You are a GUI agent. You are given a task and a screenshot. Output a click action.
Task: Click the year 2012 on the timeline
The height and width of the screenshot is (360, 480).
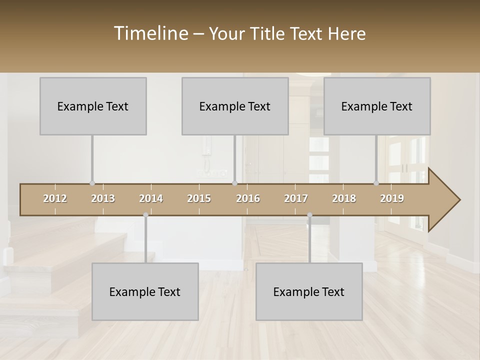pyautogui.click(x=55, y=198)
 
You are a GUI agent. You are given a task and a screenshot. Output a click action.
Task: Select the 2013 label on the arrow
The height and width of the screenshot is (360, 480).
pyautogui.click(x=103, y=198)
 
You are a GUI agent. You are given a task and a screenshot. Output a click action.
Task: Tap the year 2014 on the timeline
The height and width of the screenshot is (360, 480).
pyautogui.click(x=151, y=198)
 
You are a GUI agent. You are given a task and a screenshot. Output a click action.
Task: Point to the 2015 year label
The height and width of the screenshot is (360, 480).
pyautogui.click(x=199, y=198)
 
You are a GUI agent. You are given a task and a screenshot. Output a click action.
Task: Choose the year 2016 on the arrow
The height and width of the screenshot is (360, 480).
pyautogui.click(x=248, y=198)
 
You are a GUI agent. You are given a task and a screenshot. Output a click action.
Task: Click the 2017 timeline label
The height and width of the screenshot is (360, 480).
pyautogui.click(x=296, y=198)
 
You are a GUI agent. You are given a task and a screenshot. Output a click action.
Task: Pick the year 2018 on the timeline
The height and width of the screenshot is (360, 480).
pyautogui.click(x=344, y=198)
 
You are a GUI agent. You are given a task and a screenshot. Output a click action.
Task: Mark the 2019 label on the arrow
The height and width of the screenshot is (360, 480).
pyautogui.click(x=392, y=198)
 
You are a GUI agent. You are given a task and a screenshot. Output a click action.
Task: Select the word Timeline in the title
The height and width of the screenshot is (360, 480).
pyautogui.click(x=150, y=33)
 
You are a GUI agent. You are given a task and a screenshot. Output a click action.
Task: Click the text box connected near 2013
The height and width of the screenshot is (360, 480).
pyautogui.click(x=93, y=106)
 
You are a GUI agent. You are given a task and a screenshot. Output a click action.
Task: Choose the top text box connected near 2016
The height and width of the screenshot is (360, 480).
pyautogui.click(x=235, y=106)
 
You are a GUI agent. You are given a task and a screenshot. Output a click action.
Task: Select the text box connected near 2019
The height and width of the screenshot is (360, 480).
pyautogui.click(x=377, y=106)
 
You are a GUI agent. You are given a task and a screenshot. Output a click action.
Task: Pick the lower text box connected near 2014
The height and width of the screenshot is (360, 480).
pyautogui.click(x=145, y=291)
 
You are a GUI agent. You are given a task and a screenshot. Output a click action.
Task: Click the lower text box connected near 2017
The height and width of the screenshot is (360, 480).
pyautogui.click(x=309, y=291)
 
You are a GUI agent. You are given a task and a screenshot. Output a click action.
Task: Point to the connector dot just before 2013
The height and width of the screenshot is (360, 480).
pyautogui.click(x=92, y=183)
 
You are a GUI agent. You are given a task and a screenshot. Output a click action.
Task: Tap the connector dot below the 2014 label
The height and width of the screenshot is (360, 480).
pyautogui.click(x=145, y=215)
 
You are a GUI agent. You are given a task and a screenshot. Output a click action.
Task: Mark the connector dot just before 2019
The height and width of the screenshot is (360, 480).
pyautogui.click(x=376, y=183)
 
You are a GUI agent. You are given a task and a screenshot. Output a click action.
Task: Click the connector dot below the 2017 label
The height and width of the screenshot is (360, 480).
pyautogui.click(x=309, y=215)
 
